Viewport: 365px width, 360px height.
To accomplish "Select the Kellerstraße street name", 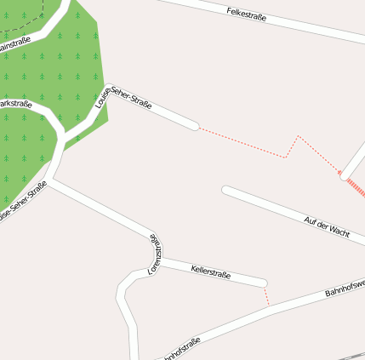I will (x=211, y=271).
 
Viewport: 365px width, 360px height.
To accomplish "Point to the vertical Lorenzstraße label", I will (x=155, y=254).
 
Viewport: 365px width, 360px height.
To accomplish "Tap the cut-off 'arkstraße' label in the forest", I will (x=15, y=104).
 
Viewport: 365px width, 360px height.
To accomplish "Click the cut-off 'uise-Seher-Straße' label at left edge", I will (x=22, y=203).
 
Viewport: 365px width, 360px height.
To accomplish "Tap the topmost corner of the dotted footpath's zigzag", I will (x=298, y=135).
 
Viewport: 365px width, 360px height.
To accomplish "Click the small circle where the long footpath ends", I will (x=343, y=176).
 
